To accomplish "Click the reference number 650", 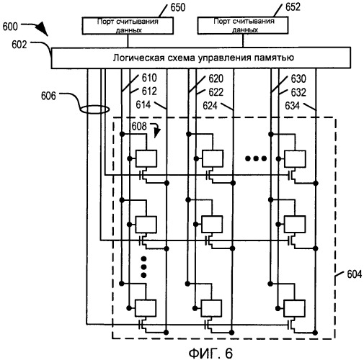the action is (178, 7).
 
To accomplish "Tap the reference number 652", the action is (293, 7).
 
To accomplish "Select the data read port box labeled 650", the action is (128, 25).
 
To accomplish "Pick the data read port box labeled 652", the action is (243, 25).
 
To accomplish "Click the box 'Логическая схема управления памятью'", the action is (201, 58).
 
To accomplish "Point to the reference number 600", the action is (10, 27).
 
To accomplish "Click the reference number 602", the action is (19, 45).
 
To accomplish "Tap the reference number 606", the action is (48, 96).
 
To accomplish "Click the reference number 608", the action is (139, 126).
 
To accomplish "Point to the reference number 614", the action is (143, 105).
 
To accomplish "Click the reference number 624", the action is (210, 106).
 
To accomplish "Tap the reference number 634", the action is (293, 106).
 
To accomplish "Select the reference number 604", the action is (355, 274).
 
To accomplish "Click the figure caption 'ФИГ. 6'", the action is (210, 353).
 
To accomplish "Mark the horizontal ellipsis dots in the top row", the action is (256, 158).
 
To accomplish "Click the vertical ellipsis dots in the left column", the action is (143, 267).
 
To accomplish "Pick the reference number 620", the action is (216, 78).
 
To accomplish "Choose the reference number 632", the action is (298, 92).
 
